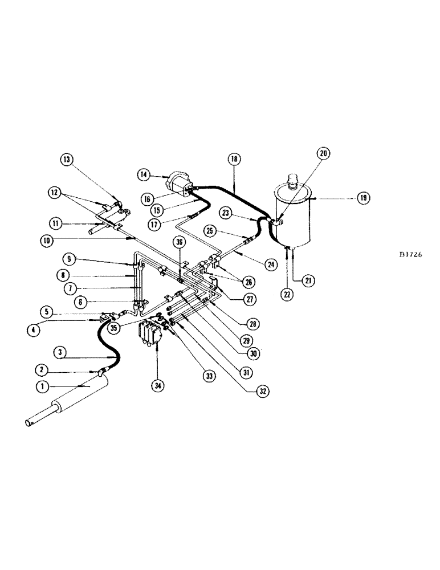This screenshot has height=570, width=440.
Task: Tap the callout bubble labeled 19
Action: (x=363, y=198)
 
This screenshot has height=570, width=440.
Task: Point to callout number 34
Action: (x=156, y=386)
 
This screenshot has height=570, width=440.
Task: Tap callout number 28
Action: (x=252, y=323)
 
